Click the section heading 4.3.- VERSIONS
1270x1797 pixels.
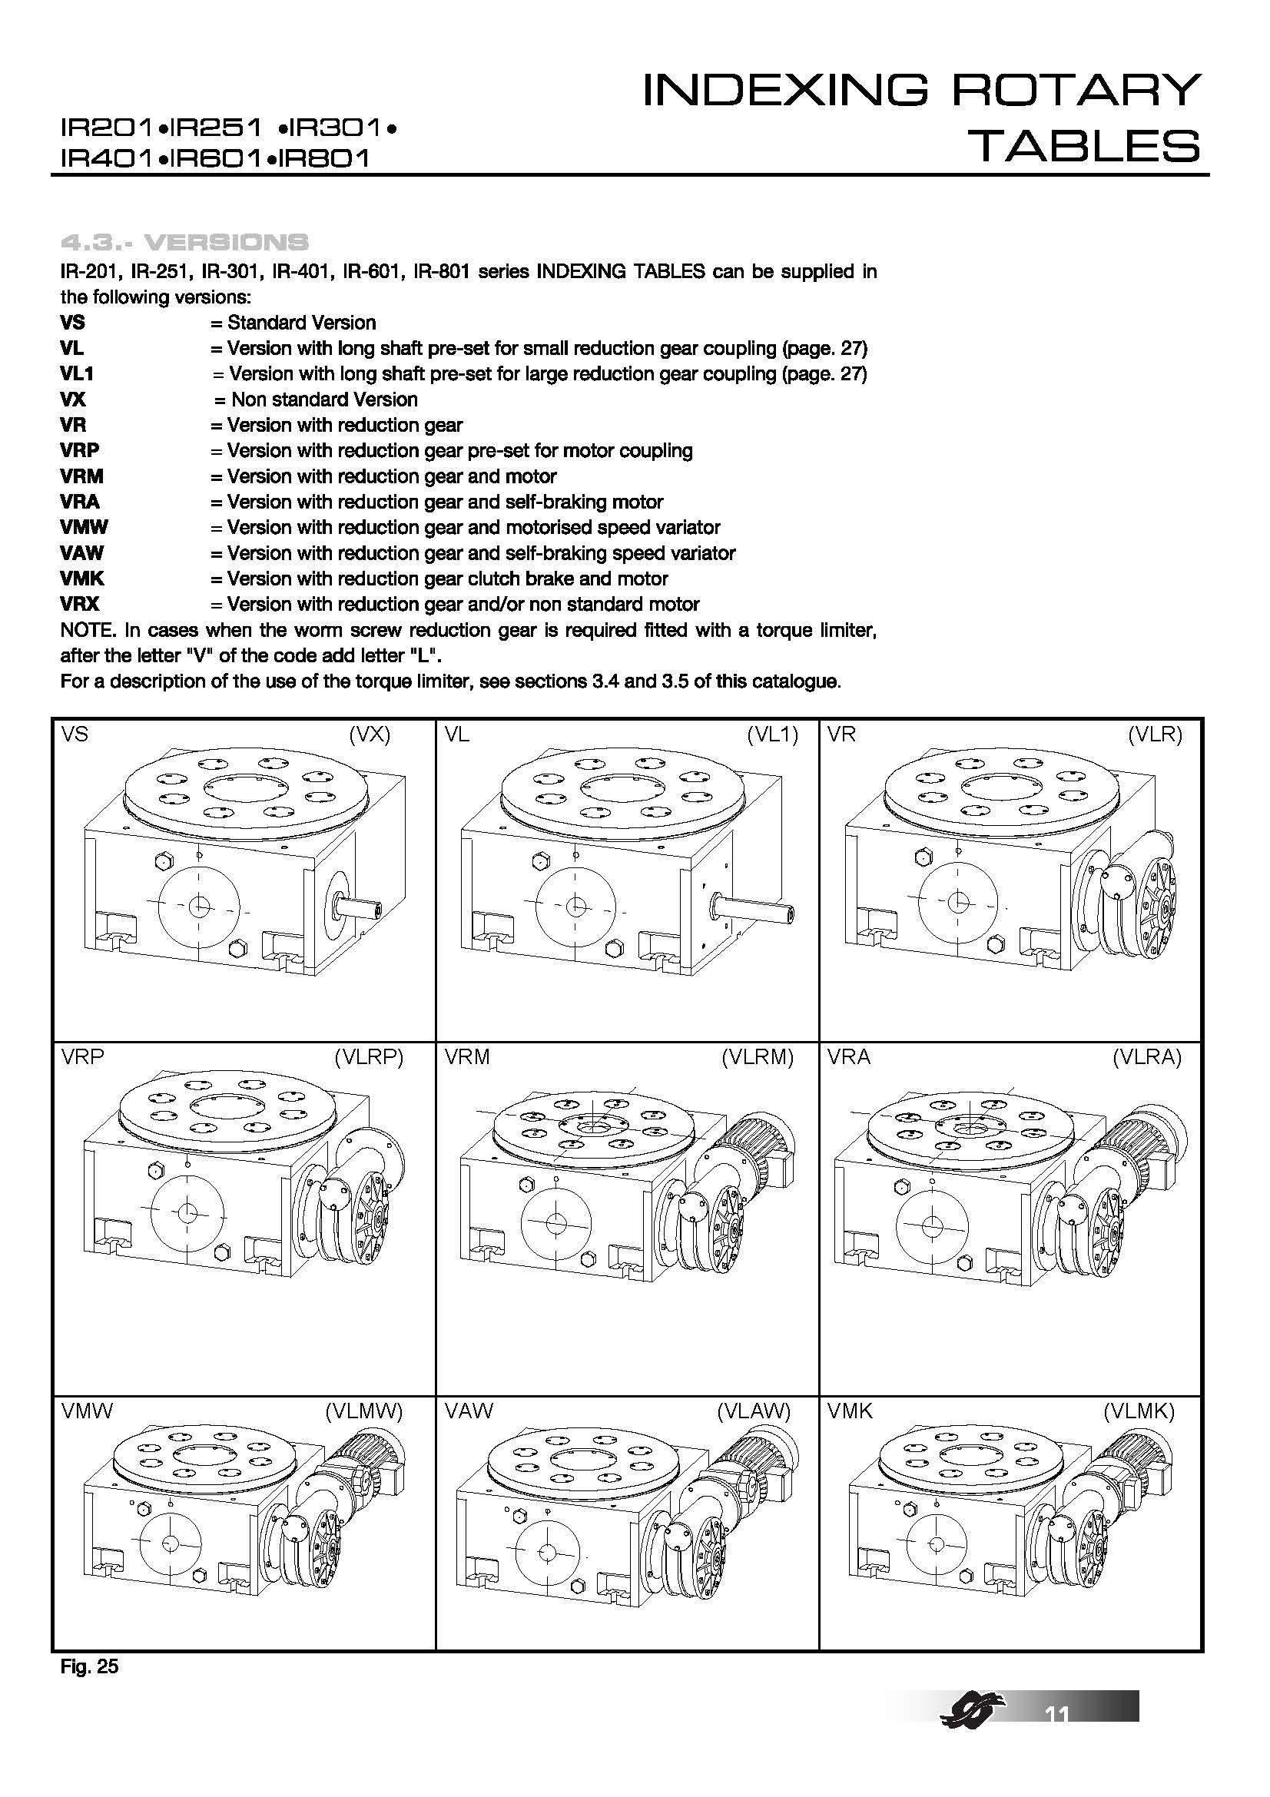coord(184,242)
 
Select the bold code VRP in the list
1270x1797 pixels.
coord(80,451)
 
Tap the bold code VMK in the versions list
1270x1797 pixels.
coord(82,579)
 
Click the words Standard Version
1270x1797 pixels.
coord(301,323)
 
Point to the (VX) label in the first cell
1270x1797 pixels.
coord(370,735)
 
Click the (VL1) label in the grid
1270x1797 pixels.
coord(771,735)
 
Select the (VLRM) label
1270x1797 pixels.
coord(757,1058)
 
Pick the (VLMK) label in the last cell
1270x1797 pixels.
coord(1139,1411)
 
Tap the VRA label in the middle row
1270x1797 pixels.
coord(848,1058)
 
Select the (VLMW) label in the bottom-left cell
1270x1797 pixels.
coord(363,1411)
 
